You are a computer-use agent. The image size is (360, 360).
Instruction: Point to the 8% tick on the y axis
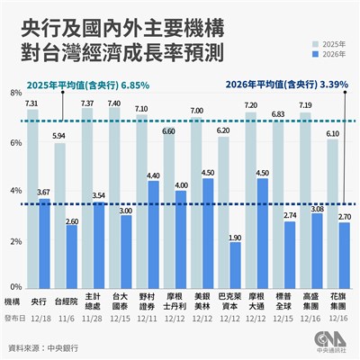point(15,93)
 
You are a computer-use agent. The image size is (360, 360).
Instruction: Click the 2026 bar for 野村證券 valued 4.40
point(154,236)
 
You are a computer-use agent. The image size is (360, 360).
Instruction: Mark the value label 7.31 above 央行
point(31,103)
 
